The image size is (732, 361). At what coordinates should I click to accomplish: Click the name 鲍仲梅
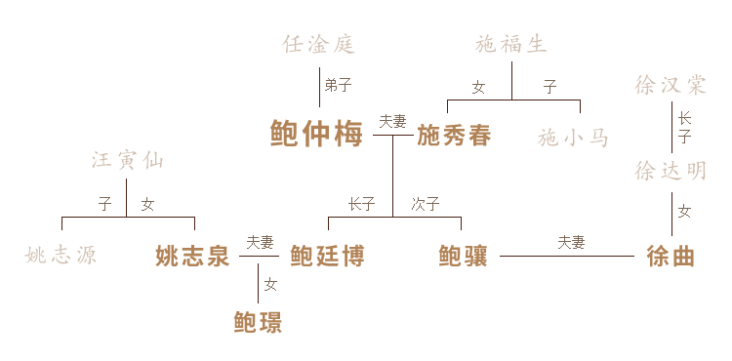coord(316,135)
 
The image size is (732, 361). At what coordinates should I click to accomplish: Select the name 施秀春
coord(453,136)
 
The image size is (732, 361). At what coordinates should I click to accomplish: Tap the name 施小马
coord(573,139)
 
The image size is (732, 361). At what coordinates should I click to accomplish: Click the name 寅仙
coord(140,161)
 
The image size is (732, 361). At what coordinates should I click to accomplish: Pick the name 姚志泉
coord(192,257)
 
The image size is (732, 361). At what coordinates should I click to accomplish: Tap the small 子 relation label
coord(104,204)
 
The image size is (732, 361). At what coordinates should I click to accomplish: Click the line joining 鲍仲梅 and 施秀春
coord(391,135)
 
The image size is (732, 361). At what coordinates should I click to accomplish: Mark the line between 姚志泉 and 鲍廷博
coord(259,257)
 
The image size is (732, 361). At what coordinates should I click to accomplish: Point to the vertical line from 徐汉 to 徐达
coord(671,127)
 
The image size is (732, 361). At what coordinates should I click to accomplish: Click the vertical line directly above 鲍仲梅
coord(319,88)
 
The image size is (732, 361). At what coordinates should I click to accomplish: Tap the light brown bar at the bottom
coord(257,319)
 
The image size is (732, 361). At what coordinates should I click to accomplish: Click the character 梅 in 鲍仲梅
coord(348,135)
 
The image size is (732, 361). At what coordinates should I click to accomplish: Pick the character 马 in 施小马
coord(597,139)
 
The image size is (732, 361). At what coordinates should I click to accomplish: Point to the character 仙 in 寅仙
coord(152,161)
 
